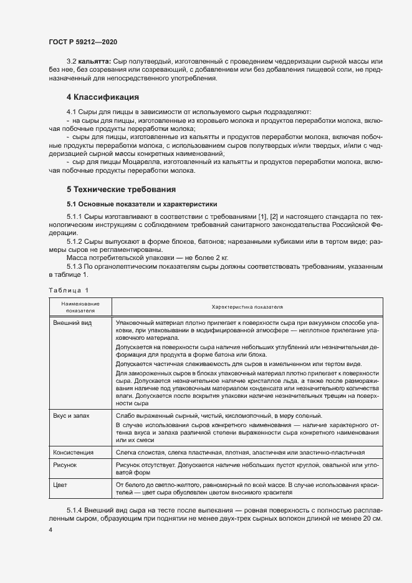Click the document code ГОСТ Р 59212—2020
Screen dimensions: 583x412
[82, 42]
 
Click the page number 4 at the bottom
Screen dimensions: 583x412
[50, 529]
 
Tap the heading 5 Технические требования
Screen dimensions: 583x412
[121, 189]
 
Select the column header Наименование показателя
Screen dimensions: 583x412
[80, 306]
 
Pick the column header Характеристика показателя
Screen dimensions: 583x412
[247, 307]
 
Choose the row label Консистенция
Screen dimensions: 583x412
[74, 452]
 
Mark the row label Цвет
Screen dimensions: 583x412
[60, 484]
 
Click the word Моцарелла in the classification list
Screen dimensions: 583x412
[141, 162]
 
